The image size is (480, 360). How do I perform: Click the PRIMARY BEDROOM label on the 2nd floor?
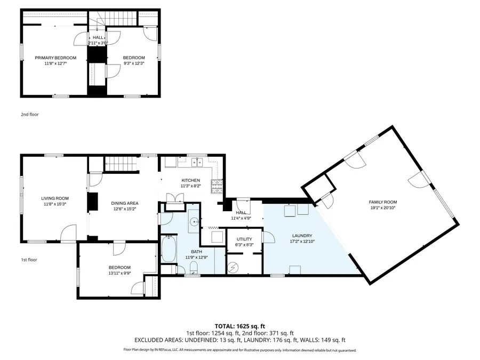pyautogui.click(x=55, y=58)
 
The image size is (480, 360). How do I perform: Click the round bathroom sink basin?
pyautogui.click(x=195, y=220)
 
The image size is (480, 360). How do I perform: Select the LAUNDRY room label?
pyautogui.click(x=302, y=235)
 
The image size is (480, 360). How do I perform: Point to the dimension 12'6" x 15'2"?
pyautogui.click(x=125, y=209)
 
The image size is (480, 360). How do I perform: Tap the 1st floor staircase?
pyautogui.click(x=122, y=164)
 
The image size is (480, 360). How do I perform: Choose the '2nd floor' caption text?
pyautogui.click(x=29, y=114)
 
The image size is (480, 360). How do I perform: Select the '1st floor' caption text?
pyautogui.click(x=29, y=260)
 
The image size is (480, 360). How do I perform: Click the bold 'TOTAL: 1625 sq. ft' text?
pyautogui.click(x=239, y=325)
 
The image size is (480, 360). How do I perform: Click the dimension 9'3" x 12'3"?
pyautogui.click(x=134, y=63)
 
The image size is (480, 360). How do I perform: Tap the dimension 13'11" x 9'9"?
pyautogui.click(x=119, y=273)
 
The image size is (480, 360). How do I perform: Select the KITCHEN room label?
pyautogui.click(x=190, y=180)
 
